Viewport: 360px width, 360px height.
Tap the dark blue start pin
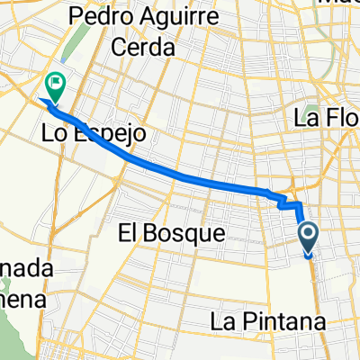click(308, 238)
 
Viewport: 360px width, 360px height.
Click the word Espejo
click(107, 134)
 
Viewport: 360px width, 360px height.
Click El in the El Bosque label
click(130, 233)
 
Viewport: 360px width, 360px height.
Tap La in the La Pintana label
click(225, 320)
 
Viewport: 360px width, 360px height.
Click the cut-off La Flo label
click(327, 116)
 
